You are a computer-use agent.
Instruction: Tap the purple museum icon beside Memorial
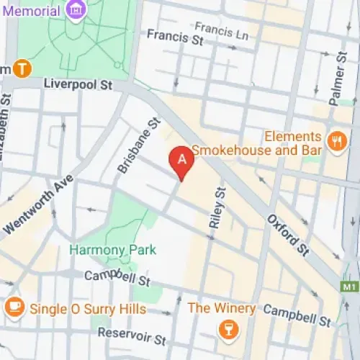tap(74, 10)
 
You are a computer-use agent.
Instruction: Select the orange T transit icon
tap(23, 68)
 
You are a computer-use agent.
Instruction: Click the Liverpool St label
tap(79, 84)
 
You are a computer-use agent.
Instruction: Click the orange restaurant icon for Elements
tap(336, 142)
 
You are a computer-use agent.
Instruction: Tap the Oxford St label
tap(288, 235)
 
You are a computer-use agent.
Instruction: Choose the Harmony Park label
tap(103, 251)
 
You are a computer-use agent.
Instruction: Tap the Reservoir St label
tap(131, 336)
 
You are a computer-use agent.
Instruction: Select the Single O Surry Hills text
tap(87, 309)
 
